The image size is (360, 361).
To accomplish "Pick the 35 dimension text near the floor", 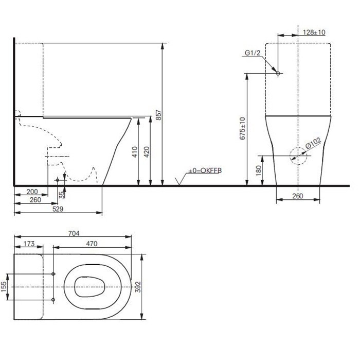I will [62, 195].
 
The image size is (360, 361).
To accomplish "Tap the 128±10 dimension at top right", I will [314, 32].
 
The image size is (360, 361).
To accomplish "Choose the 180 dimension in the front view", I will [258, 168].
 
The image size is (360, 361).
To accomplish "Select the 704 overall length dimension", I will [74, 233].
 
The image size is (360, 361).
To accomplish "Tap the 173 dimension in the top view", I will [29, 244].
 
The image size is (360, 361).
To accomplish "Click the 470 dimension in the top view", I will [92, 244].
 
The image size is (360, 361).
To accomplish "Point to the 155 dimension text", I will [5, 286].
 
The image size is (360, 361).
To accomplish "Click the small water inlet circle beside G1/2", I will [278, 74].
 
